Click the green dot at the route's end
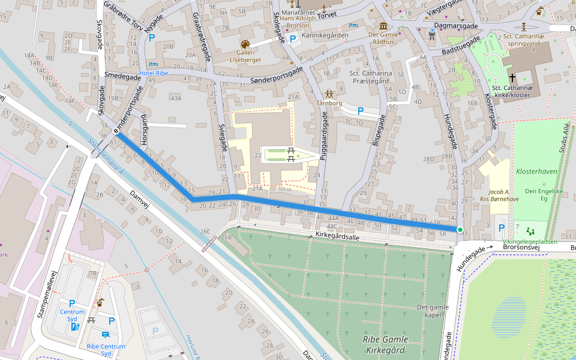tap(460, 230)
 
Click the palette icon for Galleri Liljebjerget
tap(245, 44)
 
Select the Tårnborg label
tap(329, 103)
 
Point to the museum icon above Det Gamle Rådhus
tap(383, 26)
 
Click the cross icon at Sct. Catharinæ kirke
tap(512, 78)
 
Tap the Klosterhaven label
tap(536, 171)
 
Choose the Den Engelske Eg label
tap(536, 195)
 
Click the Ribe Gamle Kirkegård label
tap(384, 344)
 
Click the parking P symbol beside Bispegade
tap(361, 111)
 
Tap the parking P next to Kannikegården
tap(293, 40)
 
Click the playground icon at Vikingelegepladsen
tap(529, 230)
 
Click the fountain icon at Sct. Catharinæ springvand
tap(524, 26)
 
